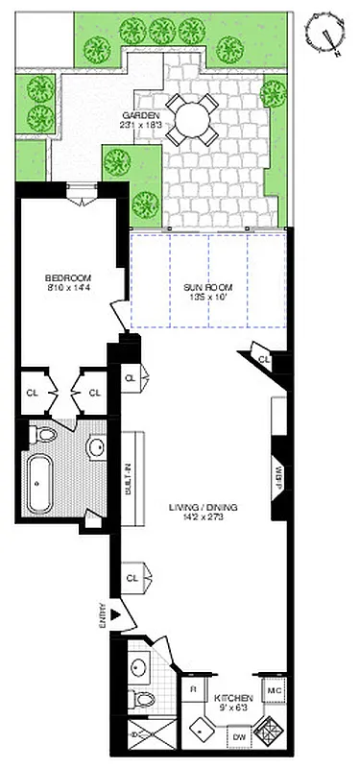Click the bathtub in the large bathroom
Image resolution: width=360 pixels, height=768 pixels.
coord(38,484)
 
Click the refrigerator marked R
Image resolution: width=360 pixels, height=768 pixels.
coord(192,689)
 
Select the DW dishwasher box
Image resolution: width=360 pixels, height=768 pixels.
coord(238,738)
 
